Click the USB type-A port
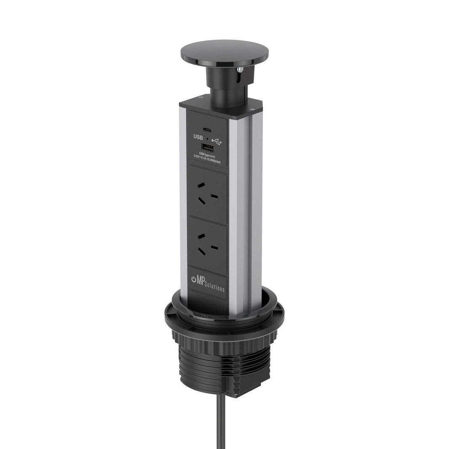tap(207, 147)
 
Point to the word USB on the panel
tap(198, 137)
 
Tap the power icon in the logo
tap(194, 279)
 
